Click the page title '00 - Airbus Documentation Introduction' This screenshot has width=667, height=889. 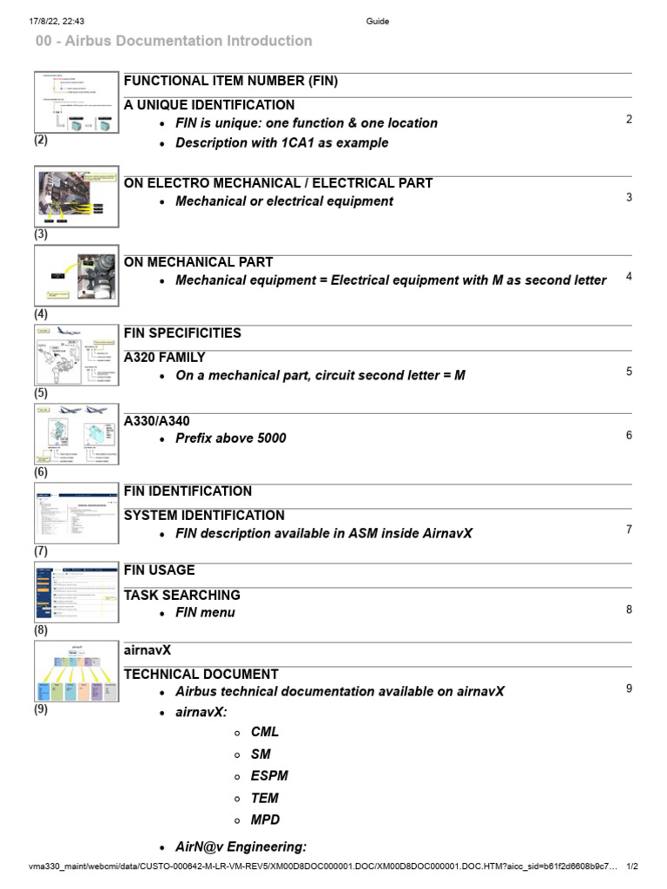(x=174, y=41)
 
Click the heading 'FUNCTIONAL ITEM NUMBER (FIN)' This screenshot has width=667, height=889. (x=230, y=81)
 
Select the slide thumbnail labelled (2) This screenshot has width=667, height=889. (x=76, y=102)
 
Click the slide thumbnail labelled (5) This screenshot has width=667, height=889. (x=76, y=355)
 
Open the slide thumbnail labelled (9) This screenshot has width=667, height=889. (x=76, y=671)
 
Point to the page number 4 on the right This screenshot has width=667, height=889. (x=629, y=277)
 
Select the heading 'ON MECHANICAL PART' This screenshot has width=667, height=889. (x=198, y=261)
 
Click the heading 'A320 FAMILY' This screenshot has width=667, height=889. (x=164, y=357)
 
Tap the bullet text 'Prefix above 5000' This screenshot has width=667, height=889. (x=230, y=438)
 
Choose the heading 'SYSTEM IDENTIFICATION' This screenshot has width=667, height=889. (x=204, y=515)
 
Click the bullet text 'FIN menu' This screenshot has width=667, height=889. (x=205, y=613)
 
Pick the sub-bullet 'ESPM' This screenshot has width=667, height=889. (x=269, y=776)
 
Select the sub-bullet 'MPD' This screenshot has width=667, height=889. (x=266, y=820)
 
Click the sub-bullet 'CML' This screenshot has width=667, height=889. (x=265, y=732)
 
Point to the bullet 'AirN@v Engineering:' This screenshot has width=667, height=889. (x=241, y=847)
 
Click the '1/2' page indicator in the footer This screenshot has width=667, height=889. (x=632, y=866)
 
